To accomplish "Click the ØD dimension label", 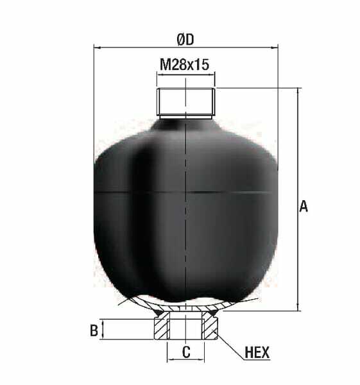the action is point(185,40).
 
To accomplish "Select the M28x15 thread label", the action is point(184,65).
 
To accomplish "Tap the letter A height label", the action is point(304,206).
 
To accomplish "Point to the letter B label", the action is point(94,330).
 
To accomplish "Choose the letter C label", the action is point(186,352).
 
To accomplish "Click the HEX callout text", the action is point(257,352).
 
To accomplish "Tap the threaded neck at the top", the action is point(186,101).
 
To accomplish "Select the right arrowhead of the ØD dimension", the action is point(274,47).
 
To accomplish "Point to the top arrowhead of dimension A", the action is point(298,91).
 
